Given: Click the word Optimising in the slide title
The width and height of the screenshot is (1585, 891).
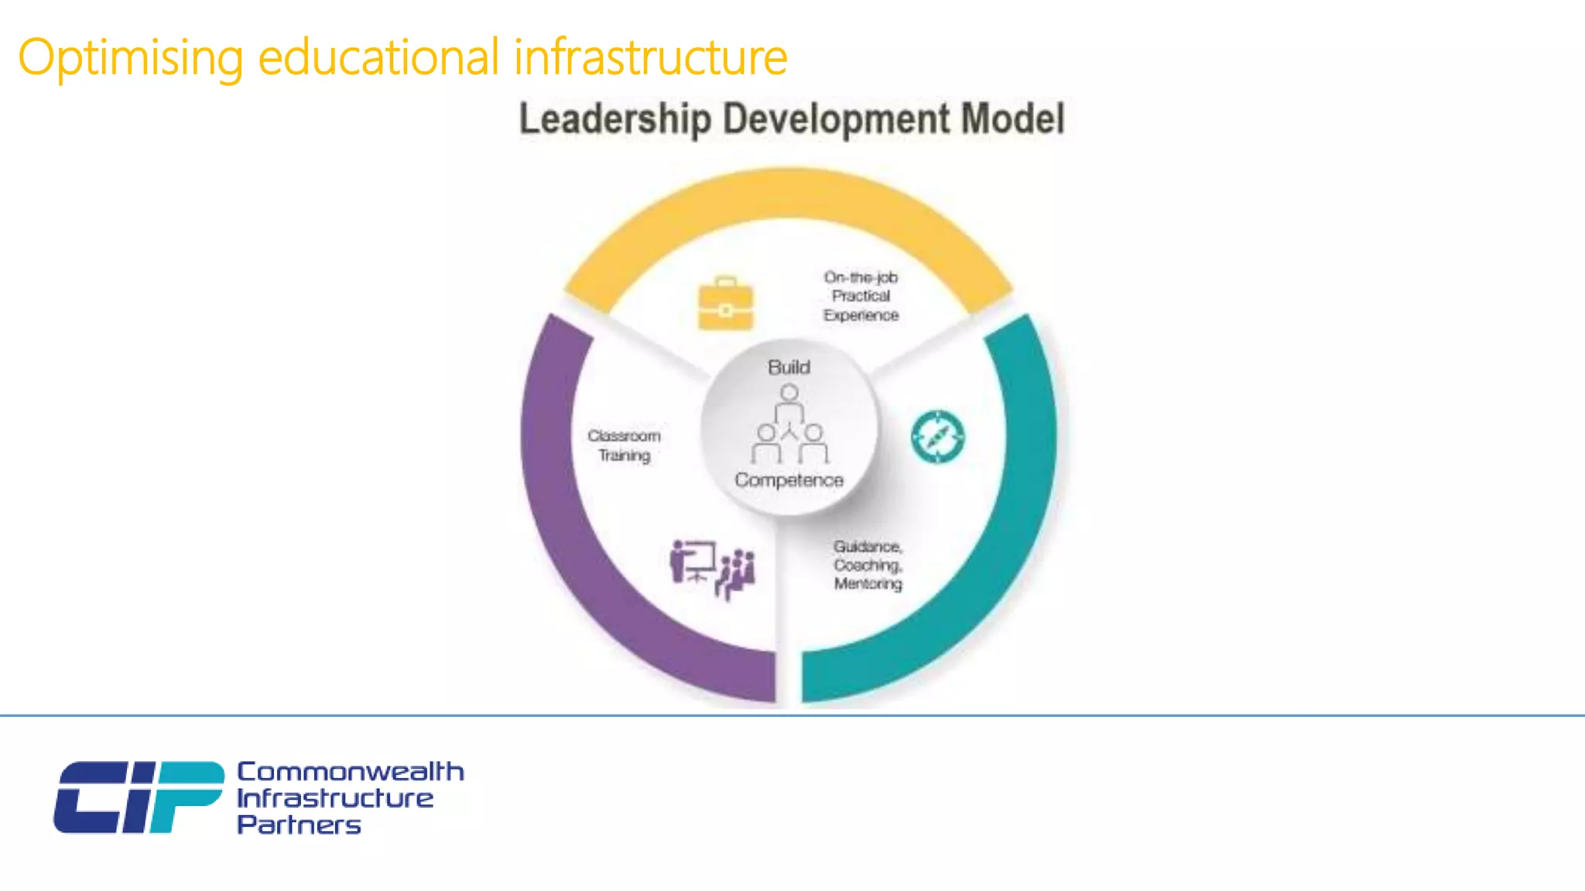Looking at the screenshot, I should pyautogui.click(x=130, y=58).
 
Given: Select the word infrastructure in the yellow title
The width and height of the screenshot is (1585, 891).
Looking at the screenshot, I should pyautogui.click(x=650, y=57).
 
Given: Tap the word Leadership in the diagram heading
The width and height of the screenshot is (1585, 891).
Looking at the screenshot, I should pyautogui.click(x=614, y=119).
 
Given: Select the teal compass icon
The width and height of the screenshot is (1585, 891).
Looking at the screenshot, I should pyautogui.click(x=937, y=437).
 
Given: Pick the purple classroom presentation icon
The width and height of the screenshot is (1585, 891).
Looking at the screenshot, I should pyautogui.click(x=712, y=569).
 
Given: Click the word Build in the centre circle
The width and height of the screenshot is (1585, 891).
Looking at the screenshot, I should pyautogui.click(x=789, y=367).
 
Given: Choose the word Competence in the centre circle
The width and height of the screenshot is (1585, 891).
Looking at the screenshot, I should pyautogui.click(x=789, y=480).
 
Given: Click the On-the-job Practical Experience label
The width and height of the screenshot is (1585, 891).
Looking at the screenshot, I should pyautogui.click(x=861, y=296).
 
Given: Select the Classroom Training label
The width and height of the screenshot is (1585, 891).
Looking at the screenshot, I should pyautogui.click(x=624, y=445).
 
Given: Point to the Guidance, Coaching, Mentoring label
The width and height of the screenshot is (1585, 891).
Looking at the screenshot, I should pyautogui.click(x=868, y=565).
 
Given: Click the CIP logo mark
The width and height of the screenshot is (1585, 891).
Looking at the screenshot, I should pyautogui.click(x=138, y=797).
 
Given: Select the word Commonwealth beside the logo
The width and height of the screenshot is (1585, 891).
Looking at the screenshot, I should pyautogui.click(x=350, y=771).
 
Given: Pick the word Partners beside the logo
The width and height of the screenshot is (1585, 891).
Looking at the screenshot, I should pyautogui.click(x=299, y=824).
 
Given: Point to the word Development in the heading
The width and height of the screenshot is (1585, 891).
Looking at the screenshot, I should pyautogui.click(x=836, y=119).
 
